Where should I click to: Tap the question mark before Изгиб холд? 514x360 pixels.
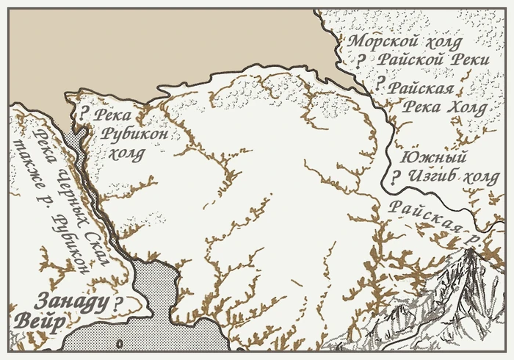click(x=395, y=177)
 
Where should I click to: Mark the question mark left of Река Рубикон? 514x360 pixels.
click(x=84, y=114)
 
